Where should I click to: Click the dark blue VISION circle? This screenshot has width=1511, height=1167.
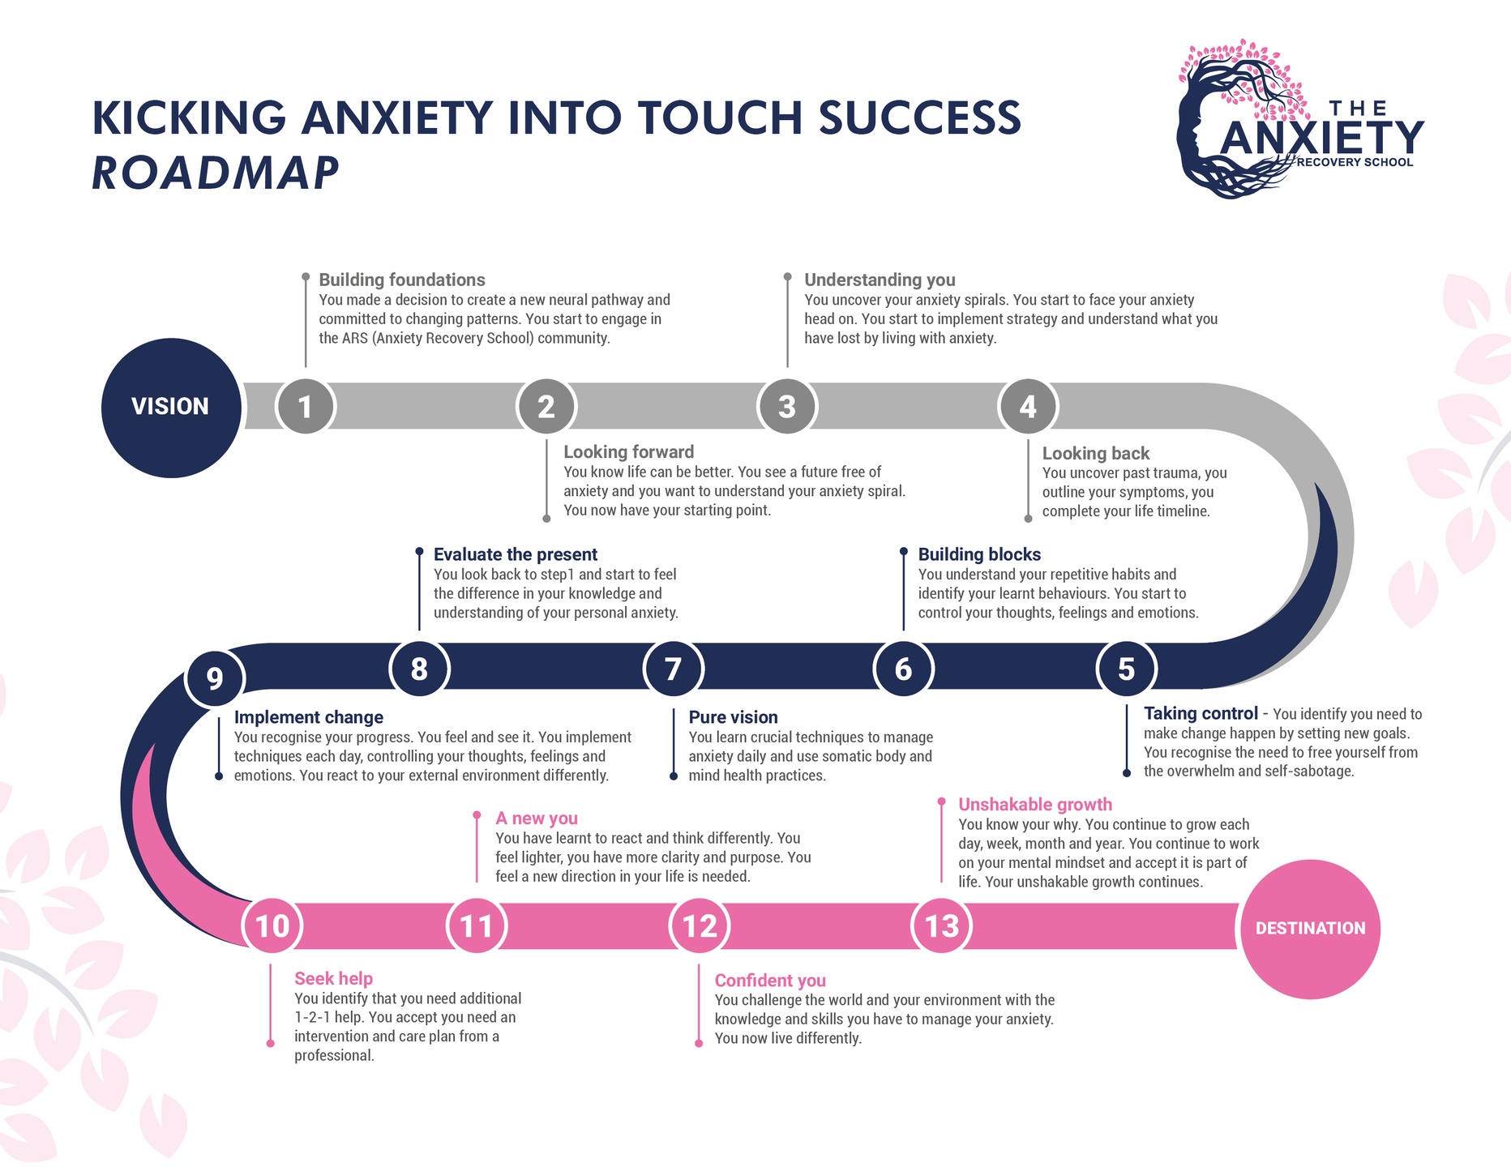pyautogui.click(x=171, y=407)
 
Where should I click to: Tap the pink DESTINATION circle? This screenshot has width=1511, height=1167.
pyautogui.click(x=1310, y=929)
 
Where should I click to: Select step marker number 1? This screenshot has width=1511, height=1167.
pyautogui.click(x=306, y=407)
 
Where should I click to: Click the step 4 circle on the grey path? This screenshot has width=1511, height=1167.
pyautogui.click(x=1028, y=407)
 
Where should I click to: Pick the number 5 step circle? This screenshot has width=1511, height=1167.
pyautogui.click(x=1126, y=669)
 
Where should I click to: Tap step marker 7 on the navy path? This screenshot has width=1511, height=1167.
pyautogui.click(x=673, y=669)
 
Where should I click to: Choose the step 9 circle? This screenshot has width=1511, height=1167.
pyautogui.click(x=215, y=678)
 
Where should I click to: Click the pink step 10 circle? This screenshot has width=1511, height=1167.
pyautogui.click(x=272, y=925)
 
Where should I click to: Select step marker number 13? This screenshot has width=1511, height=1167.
pyautogui.click(x=941, y=925)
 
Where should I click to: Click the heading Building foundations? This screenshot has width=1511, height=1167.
pyautogui.click(x=402, y=280)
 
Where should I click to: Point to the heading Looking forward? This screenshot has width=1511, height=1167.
pyautogui.click(x=629, y=452)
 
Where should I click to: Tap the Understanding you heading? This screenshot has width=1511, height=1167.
pyautogui.click(x=880, y=280)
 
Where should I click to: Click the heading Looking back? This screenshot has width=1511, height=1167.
pyautogui.click(x=1096, y=454)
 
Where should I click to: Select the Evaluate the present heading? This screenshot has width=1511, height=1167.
pyautogui.click(x=516, y=554)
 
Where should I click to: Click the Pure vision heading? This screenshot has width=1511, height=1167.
pyautogui.click(x=733, y=717)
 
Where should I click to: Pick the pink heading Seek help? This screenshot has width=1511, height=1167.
pyautogui.click(x=333, y=979)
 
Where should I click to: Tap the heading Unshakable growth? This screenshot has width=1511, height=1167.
pyautogui.click(x=1035, y=805)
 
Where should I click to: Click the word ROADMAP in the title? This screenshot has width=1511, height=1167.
pyautogui.click(x=216, y=173)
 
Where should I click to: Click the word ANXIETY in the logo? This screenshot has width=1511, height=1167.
pyautogui.click(x=1322, y=138)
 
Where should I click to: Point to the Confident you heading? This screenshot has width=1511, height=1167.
pyautogui.click(x=770, y=981)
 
